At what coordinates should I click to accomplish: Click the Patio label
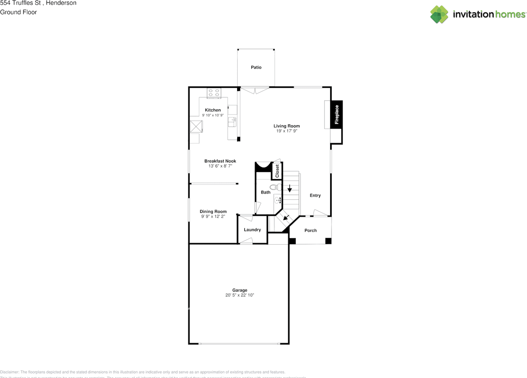tap(256, 67)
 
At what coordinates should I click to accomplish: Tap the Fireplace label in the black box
tap(336, 114)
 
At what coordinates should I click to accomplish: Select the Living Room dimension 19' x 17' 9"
tap(287, 131)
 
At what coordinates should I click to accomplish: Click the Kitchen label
tap(213, 110)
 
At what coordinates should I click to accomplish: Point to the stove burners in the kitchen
tap(214, 93)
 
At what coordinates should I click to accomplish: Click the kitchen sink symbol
tap(231, 122)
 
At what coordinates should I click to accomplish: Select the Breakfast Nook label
tap(220, 161)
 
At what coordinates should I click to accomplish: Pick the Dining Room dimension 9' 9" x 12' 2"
tap(213, 217)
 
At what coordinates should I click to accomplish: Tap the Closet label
tap(277, 171)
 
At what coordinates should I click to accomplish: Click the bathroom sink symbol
tap(277, 201)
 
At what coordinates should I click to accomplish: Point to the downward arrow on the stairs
tap(290, 189)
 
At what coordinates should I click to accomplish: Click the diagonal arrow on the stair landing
tap(286, 217)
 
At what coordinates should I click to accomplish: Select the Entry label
tap(315, 196)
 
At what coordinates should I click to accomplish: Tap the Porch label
tap(310, 230)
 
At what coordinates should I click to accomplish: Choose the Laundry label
tap(252, 230)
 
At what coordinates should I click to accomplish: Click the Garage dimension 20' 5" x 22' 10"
tap(240, 295)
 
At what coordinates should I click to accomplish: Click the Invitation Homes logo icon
tap(439, 14)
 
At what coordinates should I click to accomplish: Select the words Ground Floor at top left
tap(19, 12)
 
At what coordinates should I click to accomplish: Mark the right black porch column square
tap(328, 241)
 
